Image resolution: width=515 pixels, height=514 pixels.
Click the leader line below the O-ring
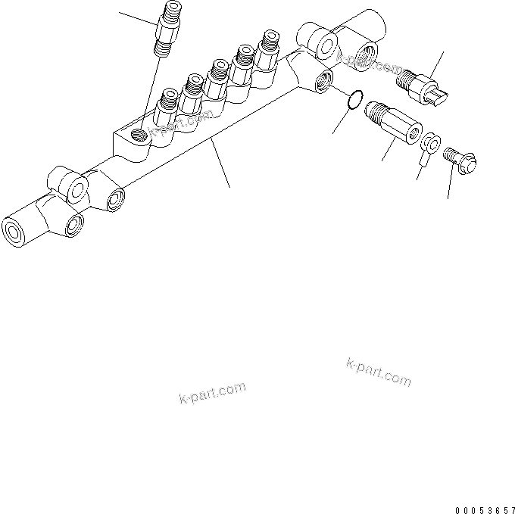340,121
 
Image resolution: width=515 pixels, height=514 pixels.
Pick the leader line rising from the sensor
438,61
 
